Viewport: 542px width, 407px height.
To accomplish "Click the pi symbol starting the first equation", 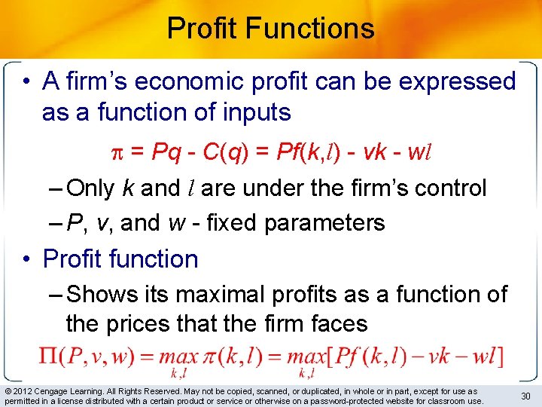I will [117, 151].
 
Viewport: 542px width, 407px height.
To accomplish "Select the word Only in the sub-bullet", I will [93, 188].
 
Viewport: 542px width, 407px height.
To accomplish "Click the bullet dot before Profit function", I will [28, 259].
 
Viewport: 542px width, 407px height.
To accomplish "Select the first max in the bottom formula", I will [178, 357].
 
